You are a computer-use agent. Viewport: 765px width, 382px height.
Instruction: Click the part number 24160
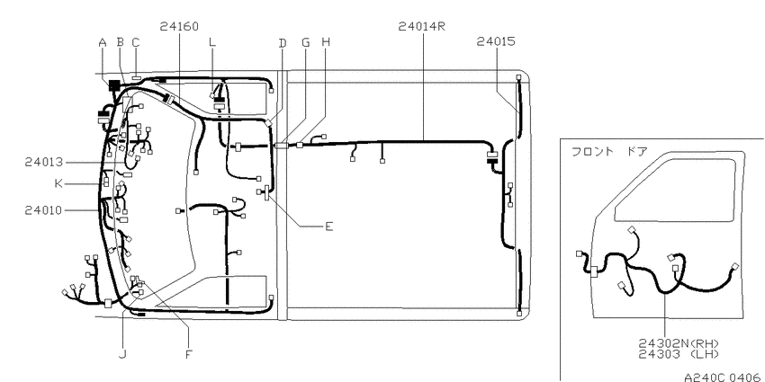[179, 26]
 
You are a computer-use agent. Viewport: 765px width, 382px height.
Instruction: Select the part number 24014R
[422, 26]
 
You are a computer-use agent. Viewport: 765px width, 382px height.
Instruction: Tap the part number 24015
[496, 42]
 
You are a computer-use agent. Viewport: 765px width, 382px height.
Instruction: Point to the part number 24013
[44, 162]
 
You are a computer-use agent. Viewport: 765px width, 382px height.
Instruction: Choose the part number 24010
[44, 210]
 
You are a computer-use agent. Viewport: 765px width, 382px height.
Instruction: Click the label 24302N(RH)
[679, 344]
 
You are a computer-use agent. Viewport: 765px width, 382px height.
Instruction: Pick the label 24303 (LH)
[679, 354]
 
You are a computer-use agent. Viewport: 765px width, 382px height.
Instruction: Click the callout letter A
[103, 43]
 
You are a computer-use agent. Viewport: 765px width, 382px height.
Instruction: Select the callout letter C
[136, 43]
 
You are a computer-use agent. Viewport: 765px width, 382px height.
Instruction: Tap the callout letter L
[211, 43]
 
